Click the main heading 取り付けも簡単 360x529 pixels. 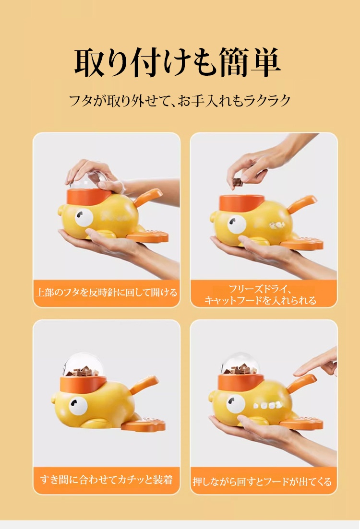click(x=178, y=63)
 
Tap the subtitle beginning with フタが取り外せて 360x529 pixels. click(x=180, y=101)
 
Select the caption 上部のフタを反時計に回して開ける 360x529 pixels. click(x=106, y=292)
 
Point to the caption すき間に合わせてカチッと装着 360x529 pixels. click(x=106, y=480)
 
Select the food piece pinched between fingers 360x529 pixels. click(x=237, y=182)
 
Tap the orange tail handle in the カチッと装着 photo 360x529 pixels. click(x=144, y=384)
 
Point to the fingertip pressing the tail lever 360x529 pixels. click(x=297, y=371)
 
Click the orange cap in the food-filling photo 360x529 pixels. click(x=241, y=201)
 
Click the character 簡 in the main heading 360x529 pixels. click(x=228, y=63)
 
